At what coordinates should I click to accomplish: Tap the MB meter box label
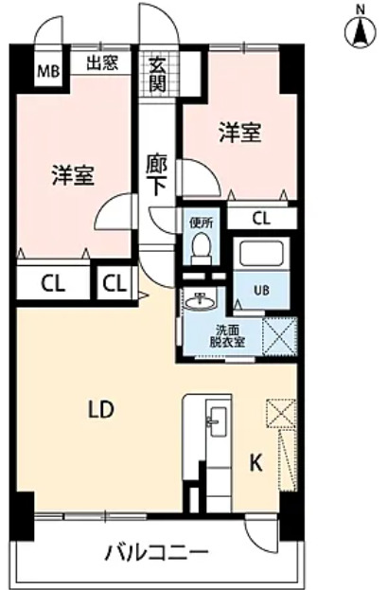point(46,70)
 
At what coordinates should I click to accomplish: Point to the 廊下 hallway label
point(157,172)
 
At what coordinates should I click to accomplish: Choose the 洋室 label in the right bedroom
point(241,132)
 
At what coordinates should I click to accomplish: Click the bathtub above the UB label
point(260,253)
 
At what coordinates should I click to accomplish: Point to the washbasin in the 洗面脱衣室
point(201,302)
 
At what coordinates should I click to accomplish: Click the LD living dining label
point(101,410)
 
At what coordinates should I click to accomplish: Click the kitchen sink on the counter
point(213,422)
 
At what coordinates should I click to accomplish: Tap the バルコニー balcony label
point(155,552)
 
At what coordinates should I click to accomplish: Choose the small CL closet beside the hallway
point(115,282)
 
